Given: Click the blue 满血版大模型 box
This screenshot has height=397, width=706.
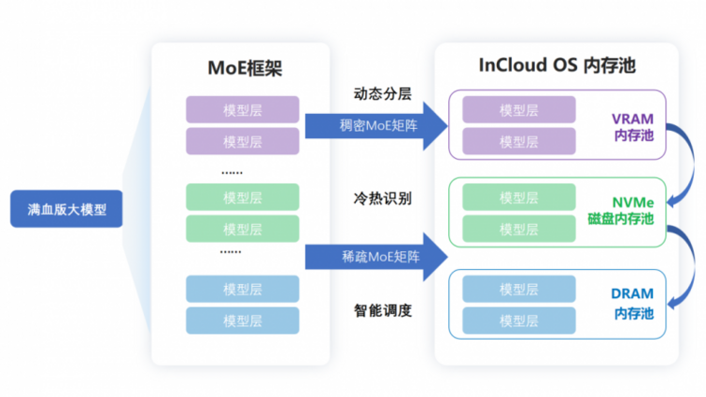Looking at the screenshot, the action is (66, 209).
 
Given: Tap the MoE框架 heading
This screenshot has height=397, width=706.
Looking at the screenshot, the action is (245, 68).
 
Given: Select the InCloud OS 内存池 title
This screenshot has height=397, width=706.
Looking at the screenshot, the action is (557, 65).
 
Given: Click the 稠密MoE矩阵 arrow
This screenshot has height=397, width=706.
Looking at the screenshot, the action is (377, 125).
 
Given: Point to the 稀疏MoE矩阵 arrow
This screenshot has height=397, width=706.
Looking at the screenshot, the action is (377, 257).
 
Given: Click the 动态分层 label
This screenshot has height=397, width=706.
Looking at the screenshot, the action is (383, 94).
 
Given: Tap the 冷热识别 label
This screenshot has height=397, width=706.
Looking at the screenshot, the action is (383, 198).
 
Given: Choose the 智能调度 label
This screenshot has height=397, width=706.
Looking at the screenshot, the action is (383, 310).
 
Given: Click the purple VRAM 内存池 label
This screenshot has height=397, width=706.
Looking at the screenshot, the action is (634, 127).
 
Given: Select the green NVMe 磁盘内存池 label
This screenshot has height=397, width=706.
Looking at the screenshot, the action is (621, 211).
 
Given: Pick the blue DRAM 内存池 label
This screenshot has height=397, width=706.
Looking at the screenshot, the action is (633, 303).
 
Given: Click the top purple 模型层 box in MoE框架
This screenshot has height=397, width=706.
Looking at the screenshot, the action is (243, 109).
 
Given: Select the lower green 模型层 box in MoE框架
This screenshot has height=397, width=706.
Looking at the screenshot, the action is (243, 229).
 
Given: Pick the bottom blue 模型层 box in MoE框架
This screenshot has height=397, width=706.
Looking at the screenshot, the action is (243, 321).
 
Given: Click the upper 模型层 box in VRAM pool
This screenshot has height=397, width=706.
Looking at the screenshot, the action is (519, 109).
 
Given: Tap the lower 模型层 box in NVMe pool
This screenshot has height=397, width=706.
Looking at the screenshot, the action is (519, 229).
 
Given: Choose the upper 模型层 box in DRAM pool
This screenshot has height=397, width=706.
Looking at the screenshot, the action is (519, 289).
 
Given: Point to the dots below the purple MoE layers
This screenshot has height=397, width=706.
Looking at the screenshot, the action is (232, 173).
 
